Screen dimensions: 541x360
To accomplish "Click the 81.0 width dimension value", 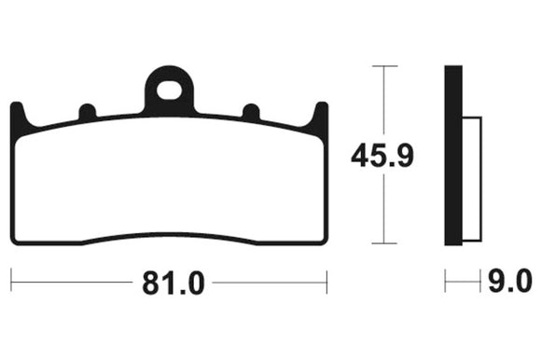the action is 173,283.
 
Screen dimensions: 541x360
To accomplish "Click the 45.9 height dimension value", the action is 381,156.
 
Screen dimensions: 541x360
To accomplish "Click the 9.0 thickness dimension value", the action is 510,281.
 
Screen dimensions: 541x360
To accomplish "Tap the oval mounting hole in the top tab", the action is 169,90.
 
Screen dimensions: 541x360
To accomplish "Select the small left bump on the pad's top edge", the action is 88,111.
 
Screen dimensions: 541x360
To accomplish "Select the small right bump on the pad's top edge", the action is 251,111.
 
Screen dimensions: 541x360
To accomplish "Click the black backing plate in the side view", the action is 453,155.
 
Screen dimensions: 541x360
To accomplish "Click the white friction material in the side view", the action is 472,179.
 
